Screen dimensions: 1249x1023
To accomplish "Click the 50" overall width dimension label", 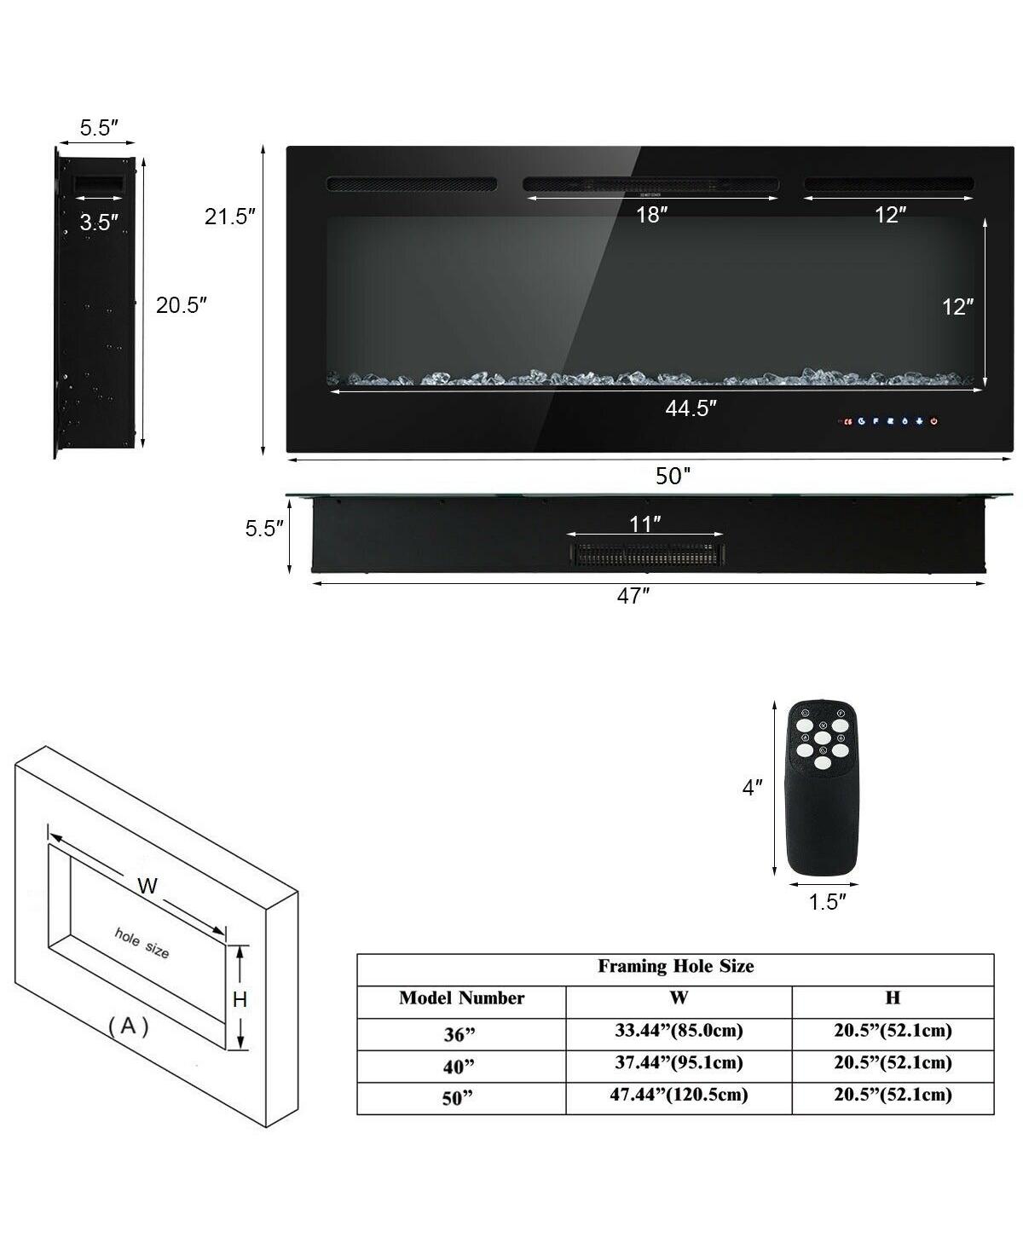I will (x=673, y=477).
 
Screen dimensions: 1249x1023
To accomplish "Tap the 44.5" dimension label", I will (x=691, y=409).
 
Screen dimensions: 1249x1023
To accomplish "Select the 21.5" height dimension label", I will (x=229, y=217).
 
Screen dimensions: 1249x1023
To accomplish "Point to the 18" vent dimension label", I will (x=650, y=215).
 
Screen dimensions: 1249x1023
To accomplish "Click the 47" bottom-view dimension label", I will (x=633, y=597).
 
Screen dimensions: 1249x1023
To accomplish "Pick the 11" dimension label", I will (x=645, y=523).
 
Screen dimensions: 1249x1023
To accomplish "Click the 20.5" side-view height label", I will (x=182, y=304).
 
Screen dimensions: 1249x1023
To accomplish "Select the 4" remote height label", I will (x=751, y=788).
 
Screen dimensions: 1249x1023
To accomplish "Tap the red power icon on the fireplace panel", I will (x=934, y=421).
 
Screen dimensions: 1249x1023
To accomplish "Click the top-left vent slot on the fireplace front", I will (x=411, y=183).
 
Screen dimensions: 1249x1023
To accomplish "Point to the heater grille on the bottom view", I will (x=645, y=554).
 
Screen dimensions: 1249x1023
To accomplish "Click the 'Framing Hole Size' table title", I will (x=675, y=966).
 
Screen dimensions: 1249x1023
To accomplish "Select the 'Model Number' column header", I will (x=461, y=998).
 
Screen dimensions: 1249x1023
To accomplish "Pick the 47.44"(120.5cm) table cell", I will (x=679, y=1095).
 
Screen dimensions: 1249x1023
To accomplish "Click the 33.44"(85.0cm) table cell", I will (x=679, y=1031).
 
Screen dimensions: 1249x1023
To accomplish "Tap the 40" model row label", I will (x=458, y=1066).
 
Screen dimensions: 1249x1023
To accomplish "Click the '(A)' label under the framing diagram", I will (x=129, y=1026).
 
